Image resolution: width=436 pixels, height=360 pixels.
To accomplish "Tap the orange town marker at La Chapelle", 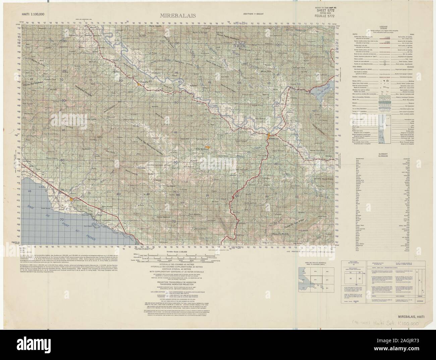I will click(138, 85).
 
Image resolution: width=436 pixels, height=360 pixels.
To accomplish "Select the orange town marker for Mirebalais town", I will click(269, 136).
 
